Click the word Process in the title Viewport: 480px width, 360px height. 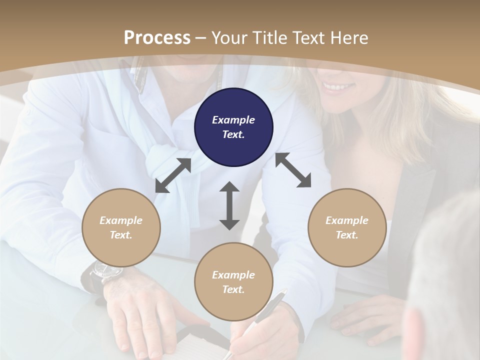tap(157, 38)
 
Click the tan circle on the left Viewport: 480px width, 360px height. tap(121, 227)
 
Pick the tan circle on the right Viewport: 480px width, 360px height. tap(347, 227)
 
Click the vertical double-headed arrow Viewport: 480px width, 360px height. tap(229, 206)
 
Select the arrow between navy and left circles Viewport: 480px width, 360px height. tap(173, 175)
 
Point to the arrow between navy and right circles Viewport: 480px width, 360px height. tap(293, 170)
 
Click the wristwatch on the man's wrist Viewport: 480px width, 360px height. tap(106, 271)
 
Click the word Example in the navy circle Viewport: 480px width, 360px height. tap(233, 120)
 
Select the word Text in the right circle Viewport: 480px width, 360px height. tap(347, 235)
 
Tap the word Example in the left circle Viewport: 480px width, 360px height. tap(121, 220)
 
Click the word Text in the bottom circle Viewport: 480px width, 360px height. tap(233, 289)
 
